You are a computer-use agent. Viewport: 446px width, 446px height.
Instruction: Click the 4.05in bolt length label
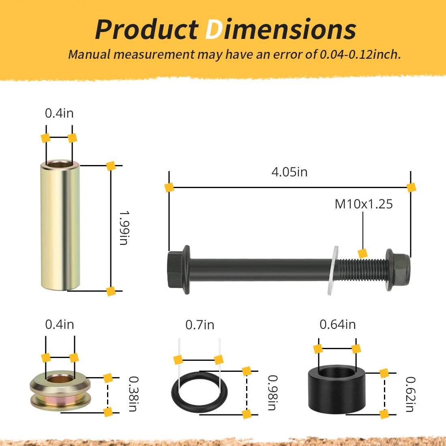(x=289, y=172)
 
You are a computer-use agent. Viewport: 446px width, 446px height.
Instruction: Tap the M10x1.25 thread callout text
(x=364, y=204)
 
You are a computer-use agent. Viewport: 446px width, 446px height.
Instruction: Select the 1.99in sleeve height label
(x=124, y=228)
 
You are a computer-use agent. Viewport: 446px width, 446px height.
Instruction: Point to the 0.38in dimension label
(x=133, y=394)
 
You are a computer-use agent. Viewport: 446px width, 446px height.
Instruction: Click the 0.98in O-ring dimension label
(x=272, y=392)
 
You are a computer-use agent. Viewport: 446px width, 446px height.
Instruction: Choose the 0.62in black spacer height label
(x=410, y=394)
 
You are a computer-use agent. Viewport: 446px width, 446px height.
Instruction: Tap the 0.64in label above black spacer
(x=338, y=324)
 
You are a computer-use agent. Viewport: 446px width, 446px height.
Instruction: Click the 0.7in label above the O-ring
(x=199, y=325)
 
